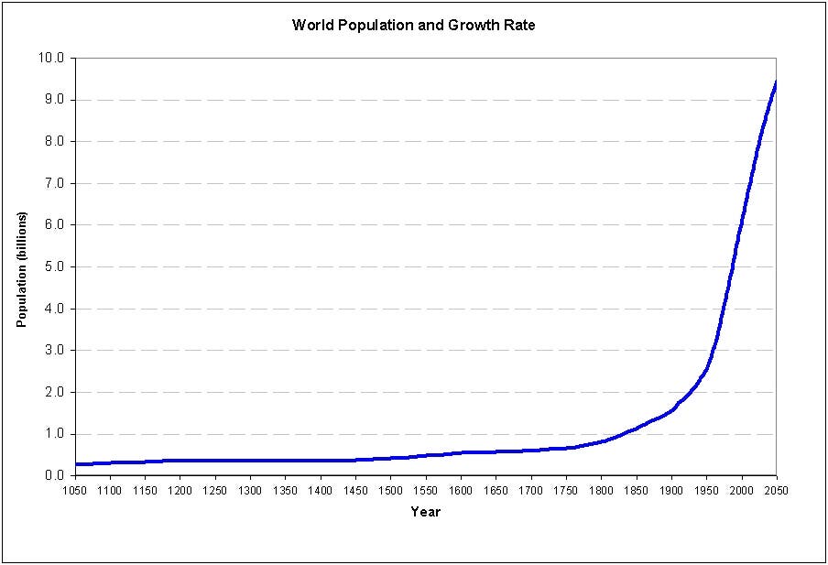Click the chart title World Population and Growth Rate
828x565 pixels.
pyautogui.click(x=413, y=25)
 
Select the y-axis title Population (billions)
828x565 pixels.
pyautogui.click(x=21, y=269)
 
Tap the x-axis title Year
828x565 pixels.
pyautogui.click(x=425, y=512)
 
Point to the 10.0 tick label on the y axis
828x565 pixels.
pyautogui.click(x=51, y=58)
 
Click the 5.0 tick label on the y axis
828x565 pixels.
pyautogui.click(x=54, y=266)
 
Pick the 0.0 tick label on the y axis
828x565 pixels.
pyautogui.click(x=54, y=475)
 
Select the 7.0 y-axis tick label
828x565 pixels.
pyautogui.click(x=54, y=183)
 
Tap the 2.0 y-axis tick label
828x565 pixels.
pyautogui.click(x=54, y=392)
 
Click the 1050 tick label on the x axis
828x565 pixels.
pyautogui.click(x=75, y=490)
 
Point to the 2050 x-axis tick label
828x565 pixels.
pyautogui.click(x=777, y=490)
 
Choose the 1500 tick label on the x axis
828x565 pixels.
pyautogui.click(x=391, y=490)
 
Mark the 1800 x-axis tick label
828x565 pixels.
pyautogui.click(x=602, y=490)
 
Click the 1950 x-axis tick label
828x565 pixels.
pyautogui.click(x=706, y=490)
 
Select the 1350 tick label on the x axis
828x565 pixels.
pyautogui.click(x=286, y=490)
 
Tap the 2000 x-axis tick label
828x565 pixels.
pyautogui.click(x=742, y=490)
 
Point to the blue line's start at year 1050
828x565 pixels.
pyautogui.click(x=76, y=464)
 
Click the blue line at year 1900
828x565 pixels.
pyautogui.click(x=671, y=408)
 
